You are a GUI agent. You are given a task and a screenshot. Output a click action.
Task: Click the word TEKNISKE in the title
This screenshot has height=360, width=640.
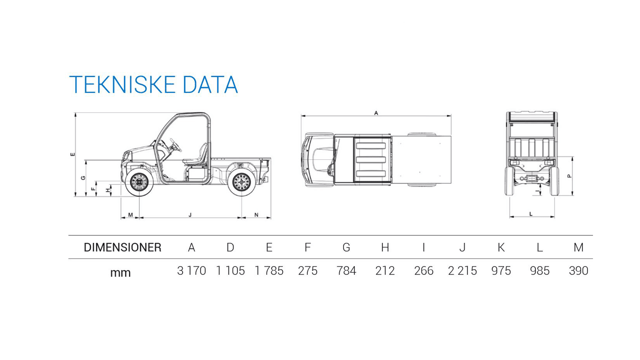pos(122,85)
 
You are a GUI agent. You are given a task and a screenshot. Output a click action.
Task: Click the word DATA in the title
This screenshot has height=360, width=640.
pos(210,85)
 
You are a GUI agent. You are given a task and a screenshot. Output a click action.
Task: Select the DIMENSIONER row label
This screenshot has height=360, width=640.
pos(122,247)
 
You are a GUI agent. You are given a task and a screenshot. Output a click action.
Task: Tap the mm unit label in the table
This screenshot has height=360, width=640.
pos(120,273)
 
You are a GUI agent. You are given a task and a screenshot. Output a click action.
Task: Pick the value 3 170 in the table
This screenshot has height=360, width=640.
pos(191,271)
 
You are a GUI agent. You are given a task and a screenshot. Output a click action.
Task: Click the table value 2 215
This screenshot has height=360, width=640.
pos(462,271)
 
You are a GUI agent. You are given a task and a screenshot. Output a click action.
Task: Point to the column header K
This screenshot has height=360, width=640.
pos(501,247)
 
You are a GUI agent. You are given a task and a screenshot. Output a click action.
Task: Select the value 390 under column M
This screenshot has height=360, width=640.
pos(578,271)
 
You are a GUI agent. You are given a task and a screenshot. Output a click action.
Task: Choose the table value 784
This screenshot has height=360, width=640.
pos(346,271)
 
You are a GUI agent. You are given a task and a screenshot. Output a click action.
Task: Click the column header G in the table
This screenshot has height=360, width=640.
pos(346,247)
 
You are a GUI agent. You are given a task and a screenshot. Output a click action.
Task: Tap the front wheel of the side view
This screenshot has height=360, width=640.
pos(139,183)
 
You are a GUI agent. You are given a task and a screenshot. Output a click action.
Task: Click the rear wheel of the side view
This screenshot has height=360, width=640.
pos(241,183)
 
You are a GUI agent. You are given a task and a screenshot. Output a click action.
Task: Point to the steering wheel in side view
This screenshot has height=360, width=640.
pos(175,145)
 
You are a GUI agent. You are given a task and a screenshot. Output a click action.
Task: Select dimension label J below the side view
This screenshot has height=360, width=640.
pos(190,215)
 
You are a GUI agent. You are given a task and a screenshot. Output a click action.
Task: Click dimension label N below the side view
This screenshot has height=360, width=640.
pos(256,215)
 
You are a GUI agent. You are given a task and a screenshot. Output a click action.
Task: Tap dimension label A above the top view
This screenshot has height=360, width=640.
pos(376,113)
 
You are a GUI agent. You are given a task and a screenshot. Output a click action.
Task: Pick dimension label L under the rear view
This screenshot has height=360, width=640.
pos(531,214)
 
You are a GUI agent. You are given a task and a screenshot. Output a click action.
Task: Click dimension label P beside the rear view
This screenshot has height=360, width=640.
pos(569,176)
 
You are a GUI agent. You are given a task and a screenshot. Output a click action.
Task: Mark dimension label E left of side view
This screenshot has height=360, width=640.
pos(73,154)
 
